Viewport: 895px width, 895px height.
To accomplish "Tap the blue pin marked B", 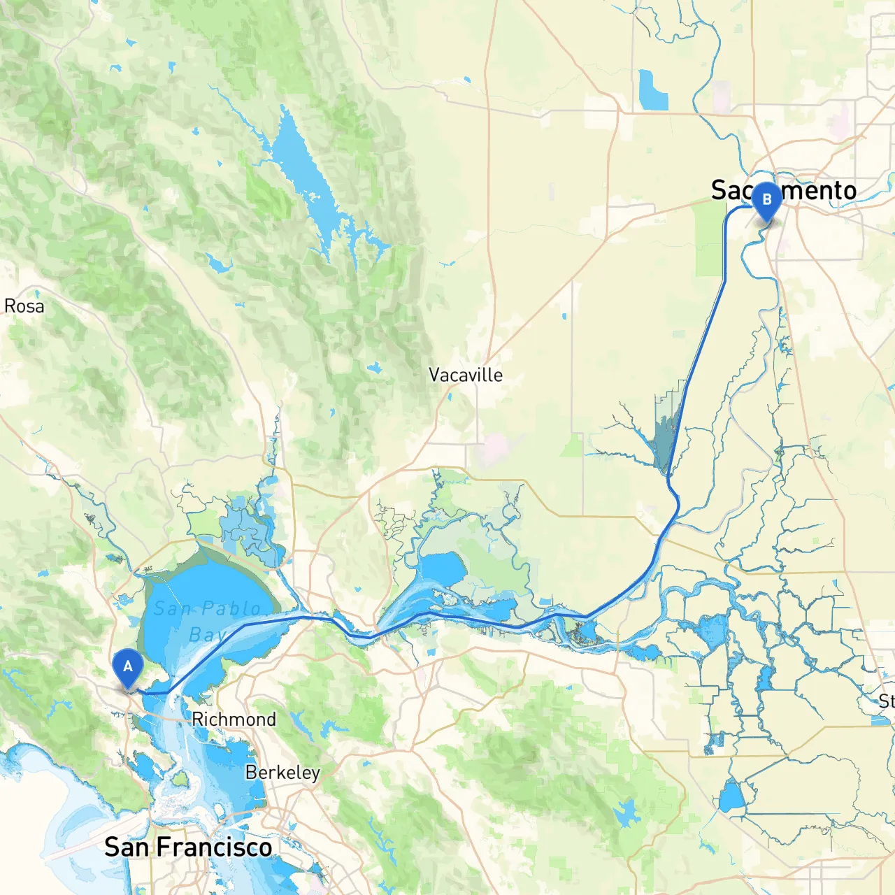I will [x=766, y=201].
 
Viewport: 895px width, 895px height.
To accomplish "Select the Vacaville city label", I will [x=466, y=375].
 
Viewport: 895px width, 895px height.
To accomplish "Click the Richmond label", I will [x=234, y=719].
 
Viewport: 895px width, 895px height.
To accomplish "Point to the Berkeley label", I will [x=282, y=773].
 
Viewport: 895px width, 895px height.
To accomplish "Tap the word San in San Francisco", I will [x=127, y=847].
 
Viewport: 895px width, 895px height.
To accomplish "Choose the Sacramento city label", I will [x=783, y=190].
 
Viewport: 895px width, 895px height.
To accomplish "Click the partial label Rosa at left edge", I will [x=24, y=306].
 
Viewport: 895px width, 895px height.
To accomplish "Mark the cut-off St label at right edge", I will [x=887, y=701].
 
